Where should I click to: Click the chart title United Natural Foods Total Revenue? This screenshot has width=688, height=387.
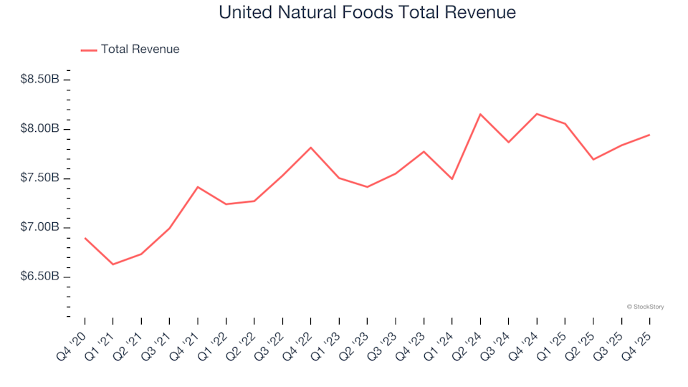tap(367, 13)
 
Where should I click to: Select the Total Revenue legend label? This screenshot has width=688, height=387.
tap(140, 49)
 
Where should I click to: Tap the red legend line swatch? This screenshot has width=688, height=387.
tap(89, 50)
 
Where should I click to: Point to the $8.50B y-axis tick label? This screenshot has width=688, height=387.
tap(39, 80)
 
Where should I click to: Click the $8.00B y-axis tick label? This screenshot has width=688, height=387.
tap(39, 129)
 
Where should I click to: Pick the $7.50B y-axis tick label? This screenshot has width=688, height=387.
tap(39, 178)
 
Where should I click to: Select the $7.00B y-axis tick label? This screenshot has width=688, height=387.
tap(39, 228)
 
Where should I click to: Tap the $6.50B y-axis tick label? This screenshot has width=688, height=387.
tap(39, 277)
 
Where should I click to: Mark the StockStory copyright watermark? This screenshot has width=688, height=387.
tap(645, 307)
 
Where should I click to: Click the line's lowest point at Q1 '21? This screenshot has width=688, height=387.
tap(113, 264)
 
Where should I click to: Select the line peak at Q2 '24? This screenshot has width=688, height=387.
tap(480, 114)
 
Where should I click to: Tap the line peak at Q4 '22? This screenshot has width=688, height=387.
tap(310, 148)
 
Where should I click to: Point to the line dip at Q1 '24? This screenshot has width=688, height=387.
tap(451, 179)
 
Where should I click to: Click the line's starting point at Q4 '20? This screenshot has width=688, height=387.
tap(85, 238)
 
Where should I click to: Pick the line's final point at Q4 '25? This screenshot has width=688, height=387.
tap(649, 135)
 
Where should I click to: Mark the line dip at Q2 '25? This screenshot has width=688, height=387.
tap(593, 159)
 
